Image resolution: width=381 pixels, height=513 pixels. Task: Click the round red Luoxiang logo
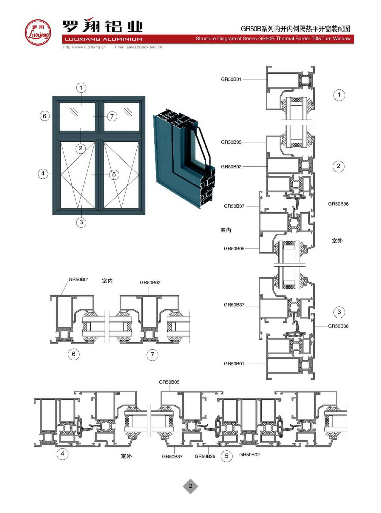point(38,32)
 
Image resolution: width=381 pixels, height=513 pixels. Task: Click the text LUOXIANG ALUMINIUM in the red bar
point(104,39)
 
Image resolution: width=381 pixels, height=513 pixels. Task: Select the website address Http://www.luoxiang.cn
point(84,47)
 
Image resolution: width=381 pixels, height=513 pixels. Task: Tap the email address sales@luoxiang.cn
point(138,47)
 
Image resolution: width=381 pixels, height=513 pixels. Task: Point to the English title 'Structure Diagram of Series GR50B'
point(273,38)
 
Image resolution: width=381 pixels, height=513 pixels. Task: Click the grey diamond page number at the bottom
point(190,486)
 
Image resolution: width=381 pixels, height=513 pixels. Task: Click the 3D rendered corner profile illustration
point(184,158)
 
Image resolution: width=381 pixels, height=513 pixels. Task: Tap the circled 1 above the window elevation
point(81,88)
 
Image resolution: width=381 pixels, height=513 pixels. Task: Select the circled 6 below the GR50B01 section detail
point(74,354)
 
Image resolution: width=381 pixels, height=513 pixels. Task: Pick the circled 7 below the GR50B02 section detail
point(152,355)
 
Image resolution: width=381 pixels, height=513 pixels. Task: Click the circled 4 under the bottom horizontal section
point(62,454)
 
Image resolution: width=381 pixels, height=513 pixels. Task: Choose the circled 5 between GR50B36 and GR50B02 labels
point(226,456)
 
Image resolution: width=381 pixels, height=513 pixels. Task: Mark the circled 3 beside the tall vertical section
point(339,312)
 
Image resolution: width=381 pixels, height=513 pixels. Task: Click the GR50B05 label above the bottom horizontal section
point(169,382)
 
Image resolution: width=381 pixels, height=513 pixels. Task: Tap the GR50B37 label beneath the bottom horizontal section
point(172,456)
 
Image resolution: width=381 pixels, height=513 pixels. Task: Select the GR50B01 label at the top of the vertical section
point(231,79)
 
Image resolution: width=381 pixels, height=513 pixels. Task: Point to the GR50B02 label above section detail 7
point(150,282)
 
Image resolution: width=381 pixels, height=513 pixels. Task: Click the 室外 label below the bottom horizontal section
point(126,456)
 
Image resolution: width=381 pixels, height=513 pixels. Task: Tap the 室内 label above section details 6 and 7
point(107,281)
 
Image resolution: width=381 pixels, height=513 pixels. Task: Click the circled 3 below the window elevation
point(81,222)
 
